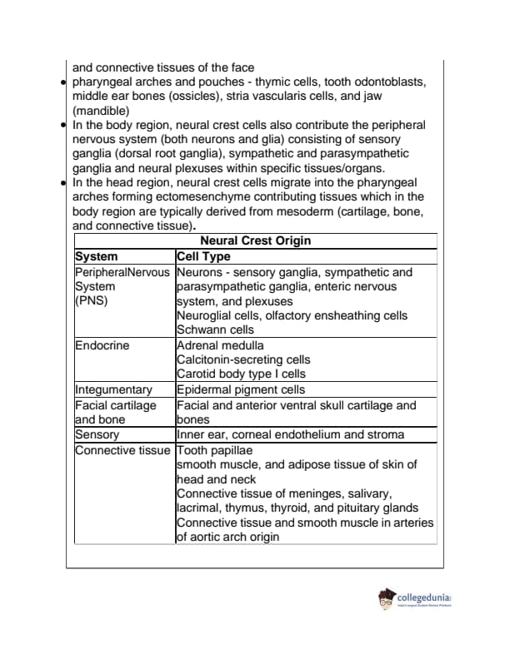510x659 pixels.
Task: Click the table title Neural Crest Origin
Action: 255,241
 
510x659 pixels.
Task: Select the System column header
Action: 97,257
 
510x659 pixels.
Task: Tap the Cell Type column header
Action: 203,257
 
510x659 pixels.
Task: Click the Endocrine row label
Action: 102,345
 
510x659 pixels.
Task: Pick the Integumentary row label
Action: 113,389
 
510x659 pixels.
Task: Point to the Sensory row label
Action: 97,434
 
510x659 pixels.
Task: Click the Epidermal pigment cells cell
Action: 241,389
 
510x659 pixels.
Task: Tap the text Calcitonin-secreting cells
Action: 243,359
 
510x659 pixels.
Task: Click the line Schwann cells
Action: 215,329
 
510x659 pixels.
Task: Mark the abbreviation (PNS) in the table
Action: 91,301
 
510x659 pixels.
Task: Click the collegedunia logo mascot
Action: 387,600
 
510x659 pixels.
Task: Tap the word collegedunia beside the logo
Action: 424,597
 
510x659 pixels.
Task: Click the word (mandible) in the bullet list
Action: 100,111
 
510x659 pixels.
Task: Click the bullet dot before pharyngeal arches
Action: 64,82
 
